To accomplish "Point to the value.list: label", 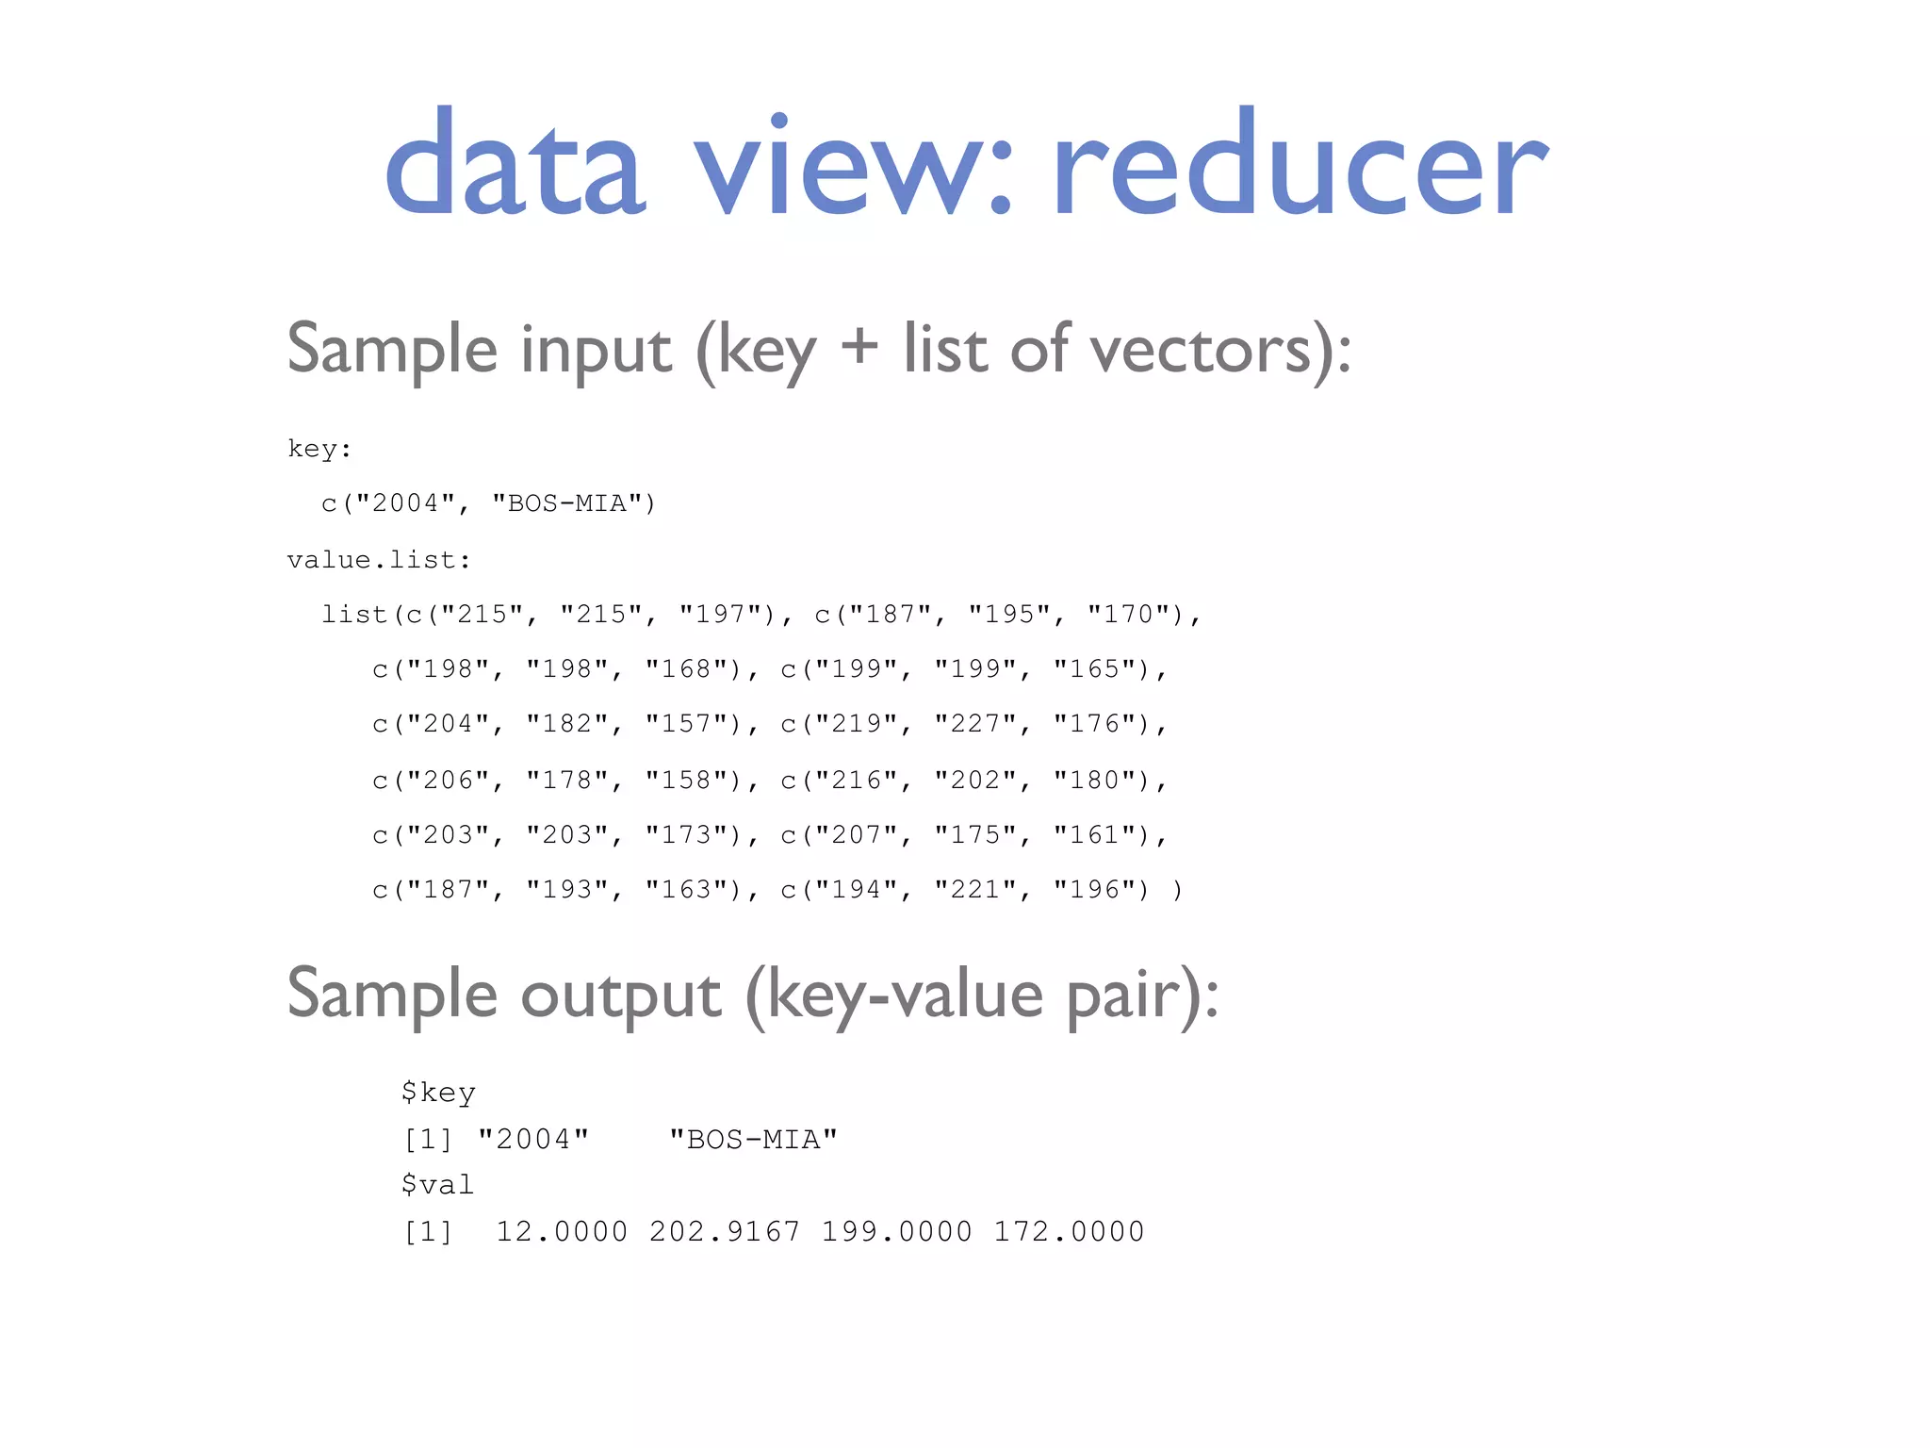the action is pos(379,560).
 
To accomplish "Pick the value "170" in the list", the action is pos(1129,615).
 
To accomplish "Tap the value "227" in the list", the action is pos(975,724).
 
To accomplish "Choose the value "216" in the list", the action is pos(857,781).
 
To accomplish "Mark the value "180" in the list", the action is pos(1095,781).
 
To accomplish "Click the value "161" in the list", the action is pos(1095,835).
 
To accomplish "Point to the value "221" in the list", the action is pos(975,890).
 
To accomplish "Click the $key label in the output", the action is pos(438,1094).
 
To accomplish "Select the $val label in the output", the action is pos(437,1185).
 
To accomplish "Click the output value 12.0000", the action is pos(561,1232).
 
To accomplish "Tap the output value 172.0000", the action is pos(1069,1232).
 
